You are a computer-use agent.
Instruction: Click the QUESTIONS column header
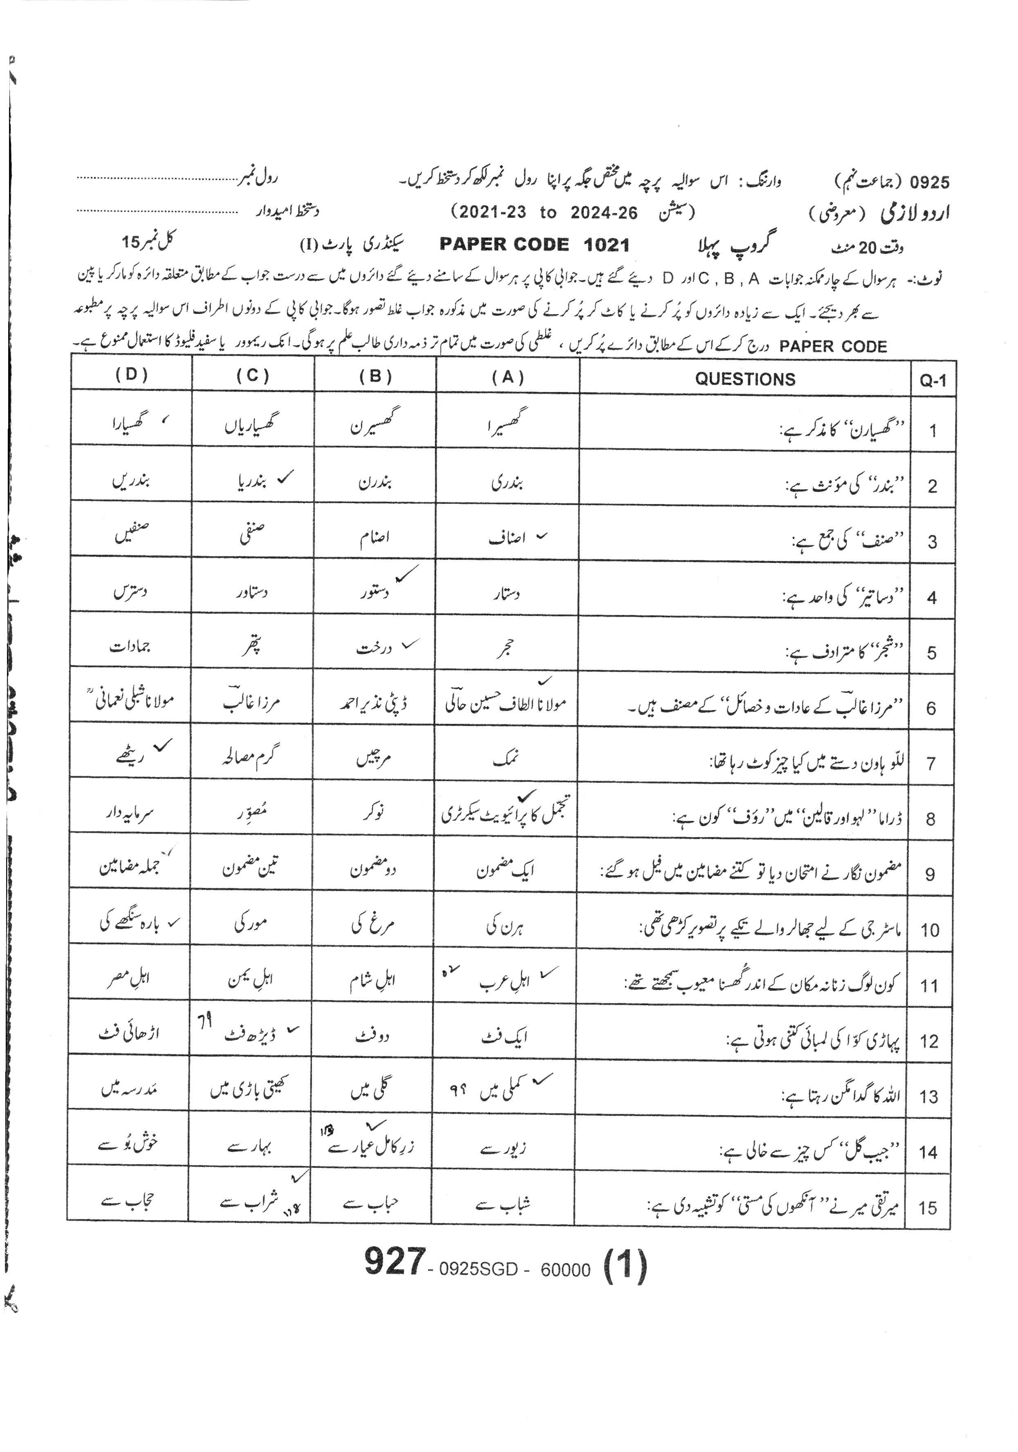coord(745,379)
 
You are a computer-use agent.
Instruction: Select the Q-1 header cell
coord(933,380)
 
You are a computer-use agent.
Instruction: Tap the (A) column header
coord(508,378)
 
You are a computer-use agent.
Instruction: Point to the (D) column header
coord(132,374)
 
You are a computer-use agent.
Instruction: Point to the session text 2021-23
coord(493,213)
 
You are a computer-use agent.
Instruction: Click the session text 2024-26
coord(604,213)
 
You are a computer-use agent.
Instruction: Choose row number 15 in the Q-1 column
coord(928,1208)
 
